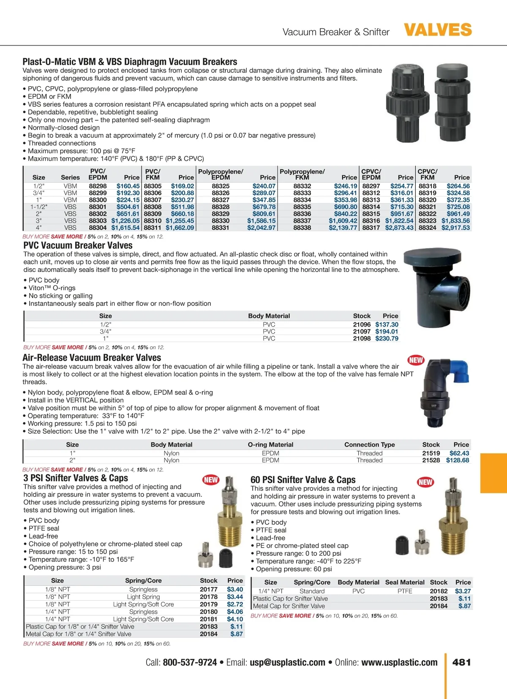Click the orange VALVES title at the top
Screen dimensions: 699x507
click(x=438, y=30)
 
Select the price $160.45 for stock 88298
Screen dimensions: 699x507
click(x=128, y=186)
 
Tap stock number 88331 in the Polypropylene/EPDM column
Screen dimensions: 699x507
click(x=221, y=228)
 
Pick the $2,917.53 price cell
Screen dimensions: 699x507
click(x=455, y=228)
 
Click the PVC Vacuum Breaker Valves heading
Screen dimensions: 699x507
click(x=78, y=245)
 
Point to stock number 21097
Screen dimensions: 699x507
click(x=362, y=332)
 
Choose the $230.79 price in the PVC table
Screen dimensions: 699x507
click(x=387, y=338)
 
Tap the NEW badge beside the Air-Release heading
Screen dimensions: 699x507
click(x=416, y=360)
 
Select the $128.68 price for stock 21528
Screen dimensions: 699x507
click(x=458, y=460)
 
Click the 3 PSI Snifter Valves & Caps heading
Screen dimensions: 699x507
click(x=76, y=478)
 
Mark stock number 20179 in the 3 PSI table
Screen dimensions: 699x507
click(x=209, y=604)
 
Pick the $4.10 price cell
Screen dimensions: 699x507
click(x=235, y=619)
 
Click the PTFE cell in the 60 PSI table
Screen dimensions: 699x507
click(x=405, y=591)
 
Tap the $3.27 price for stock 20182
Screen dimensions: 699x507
click(x=463, y=591)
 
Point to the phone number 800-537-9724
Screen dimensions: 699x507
click(x=190, y=662)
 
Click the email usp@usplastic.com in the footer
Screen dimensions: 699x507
click(x=287, y=662)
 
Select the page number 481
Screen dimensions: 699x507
click(x=461, y=662)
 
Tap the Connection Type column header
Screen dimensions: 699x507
click(x=369, y=445)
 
